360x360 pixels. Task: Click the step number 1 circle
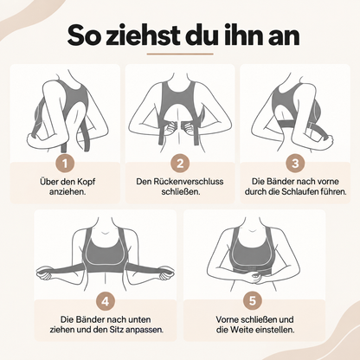click(65, 164)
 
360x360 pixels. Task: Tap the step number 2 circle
click(180, 164)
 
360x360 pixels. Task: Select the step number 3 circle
click(295, 164)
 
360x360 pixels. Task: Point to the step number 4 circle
click(106, 301)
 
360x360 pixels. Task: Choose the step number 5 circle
click(253, 301)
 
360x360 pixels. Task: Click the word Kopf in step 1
click(86, 183)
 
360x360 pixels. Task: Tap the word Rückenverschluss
click(188, 182)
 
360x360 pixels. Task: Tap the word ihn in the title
click(243, 35)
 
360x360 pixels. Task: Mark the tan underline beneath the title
click(180, 54)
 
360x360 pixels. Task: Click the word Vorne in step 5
click(228, 319)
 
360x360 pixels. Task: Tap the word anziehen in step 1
click(67, 192)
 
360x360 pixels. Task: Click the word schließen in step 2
click(180, 191)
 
